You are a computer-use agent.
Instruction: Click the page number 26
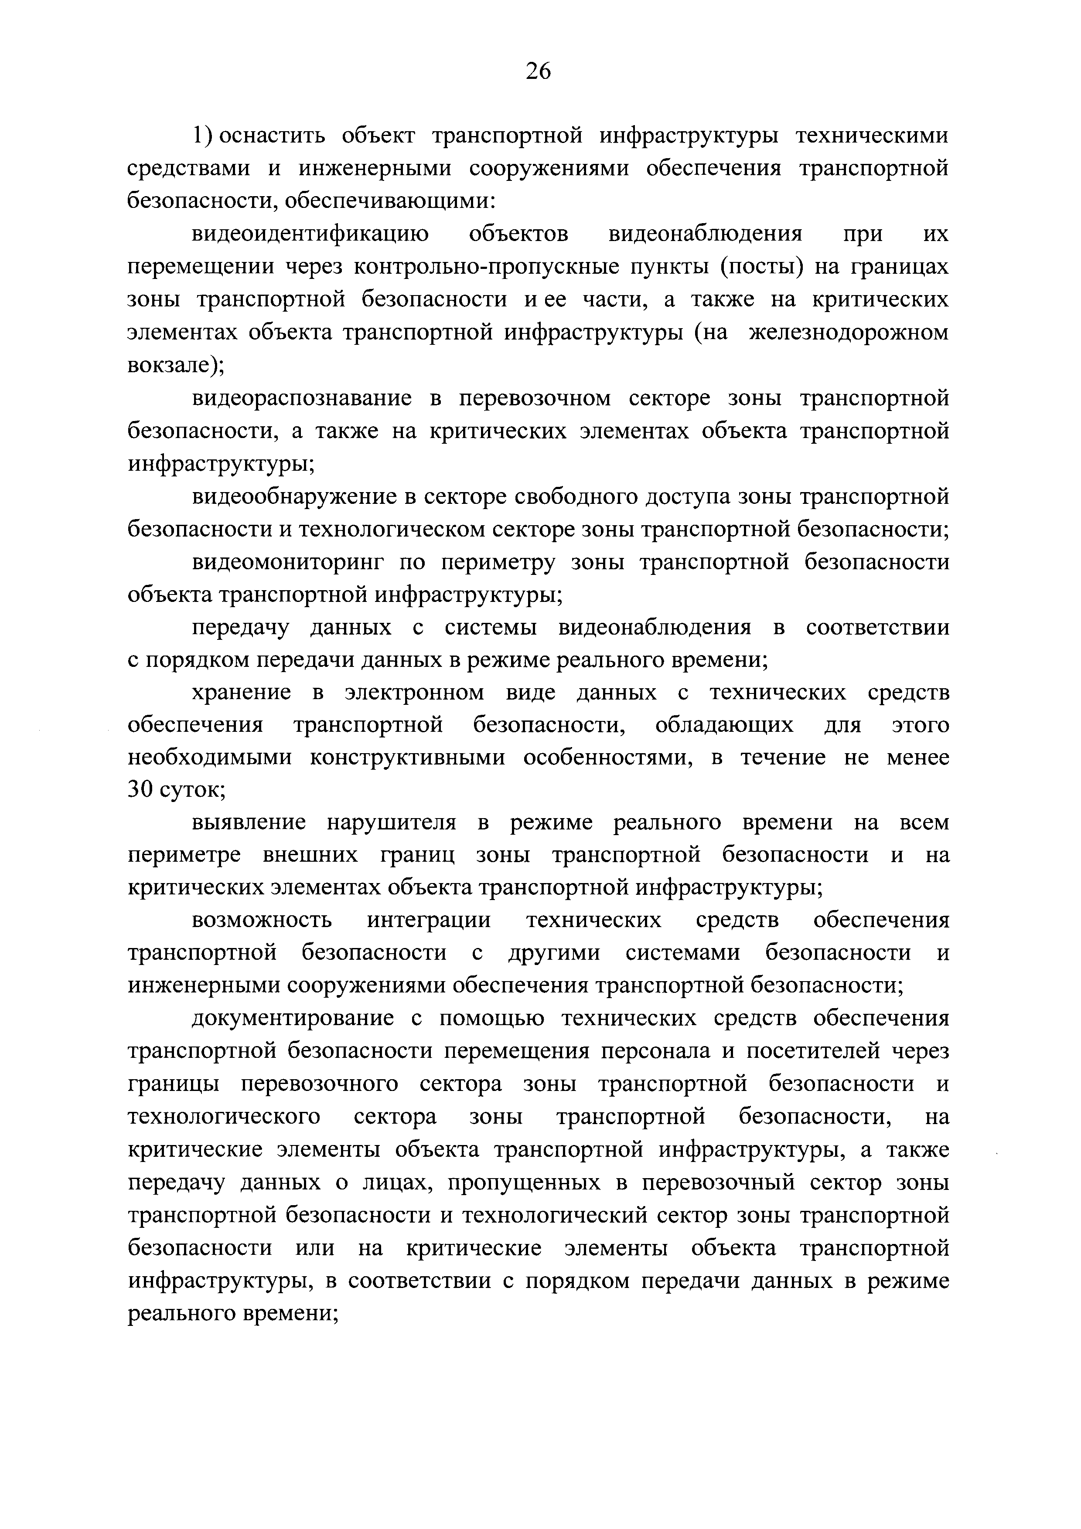click(x=538, y=71)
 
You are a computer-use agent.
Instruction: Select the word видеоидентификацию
click(x=310, y=234)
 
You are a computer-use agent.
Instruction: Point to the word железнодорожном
click(x=849, y=332)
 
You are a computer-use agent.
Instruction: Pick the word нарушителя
click(x=391, y=823)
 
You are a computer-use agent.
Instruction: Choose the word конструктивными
click(x=408, y=758)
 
